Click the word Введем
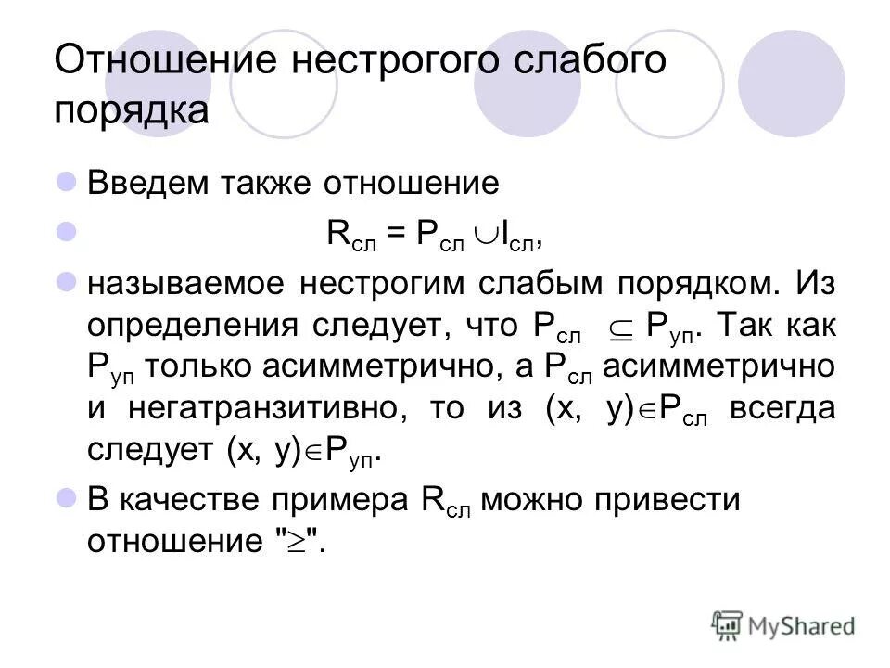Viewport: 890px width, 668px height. point(147,184)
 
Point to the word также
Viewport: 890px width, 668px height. point(270,184)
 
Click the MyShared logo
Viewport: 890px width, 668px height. point(782,625)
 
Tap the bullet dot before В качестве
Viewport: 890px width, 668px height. point(66,498)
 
